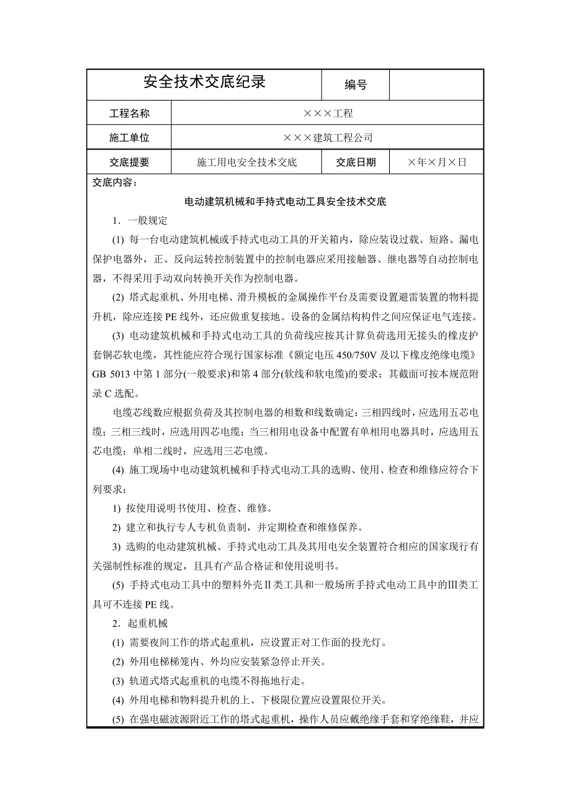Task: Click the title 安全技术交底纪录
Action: tap(204, 83)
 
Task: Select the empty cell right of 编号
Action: tap(436, 84)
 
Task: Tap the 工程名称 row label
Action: tap(130, 114)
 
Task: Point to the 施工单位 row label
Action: tap(130, 138)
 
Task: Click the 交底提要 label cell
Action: tap(130, 163)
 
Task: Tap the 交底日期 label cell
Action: tap(356, 163)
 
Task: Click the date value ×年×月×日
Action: tap(436, 163)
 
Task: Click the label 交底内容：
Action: tap(116, 183)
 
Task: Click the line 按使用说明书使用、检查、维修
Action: tap(192, 508)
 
